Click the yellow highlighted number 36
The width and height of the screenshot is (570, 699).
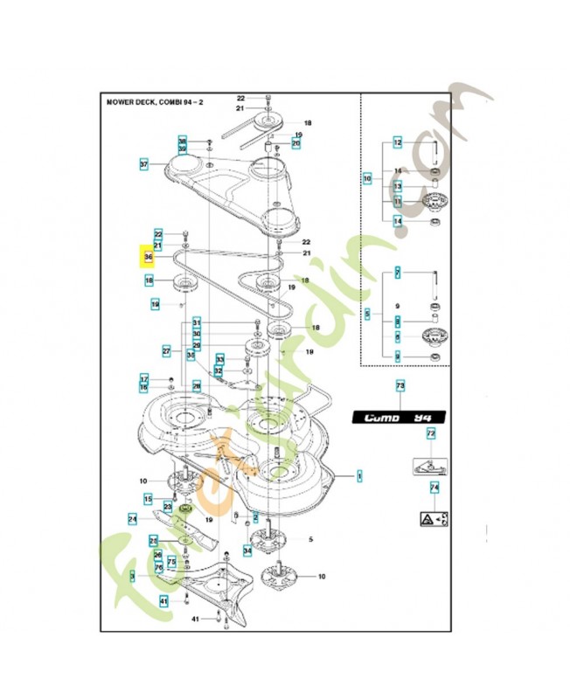[149, 258]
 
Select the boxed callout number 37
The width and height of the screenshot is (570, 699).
[144, 164]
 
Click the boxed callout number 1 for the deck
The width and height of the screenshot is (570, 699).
[358, 476]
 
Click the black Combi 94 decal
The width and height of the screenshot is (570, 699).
[399, 418]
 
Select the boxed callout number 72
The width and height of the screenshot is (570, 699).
[430, 433]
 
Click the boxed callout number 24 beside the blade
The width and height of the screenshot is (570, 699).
[133, 519]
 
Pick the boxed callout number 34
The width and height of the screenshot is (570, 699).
[247, 550]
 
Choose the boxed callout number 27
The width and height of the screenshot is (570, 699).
[166, 350]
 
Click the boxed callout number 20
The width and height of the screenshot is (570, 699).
[296, 143]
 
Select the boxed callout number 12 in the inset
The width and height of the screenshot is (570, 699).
[397, 142]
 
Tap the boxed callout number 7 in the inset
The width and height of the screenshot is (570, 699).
[398, 274]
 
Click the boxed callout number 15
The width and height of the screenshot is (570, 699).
[149, 498]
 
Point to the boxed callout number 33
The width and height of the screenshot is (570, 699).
[220, 359]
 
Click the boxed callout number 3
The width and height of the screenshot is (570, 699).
[132, 576]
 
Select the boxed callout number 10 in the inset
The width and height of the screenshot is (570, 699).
[367, 179]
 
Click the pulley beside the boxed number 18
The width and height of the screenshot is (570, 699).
[184, 282]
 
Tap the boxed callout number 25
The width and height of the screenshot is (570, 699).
[153, 539]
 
